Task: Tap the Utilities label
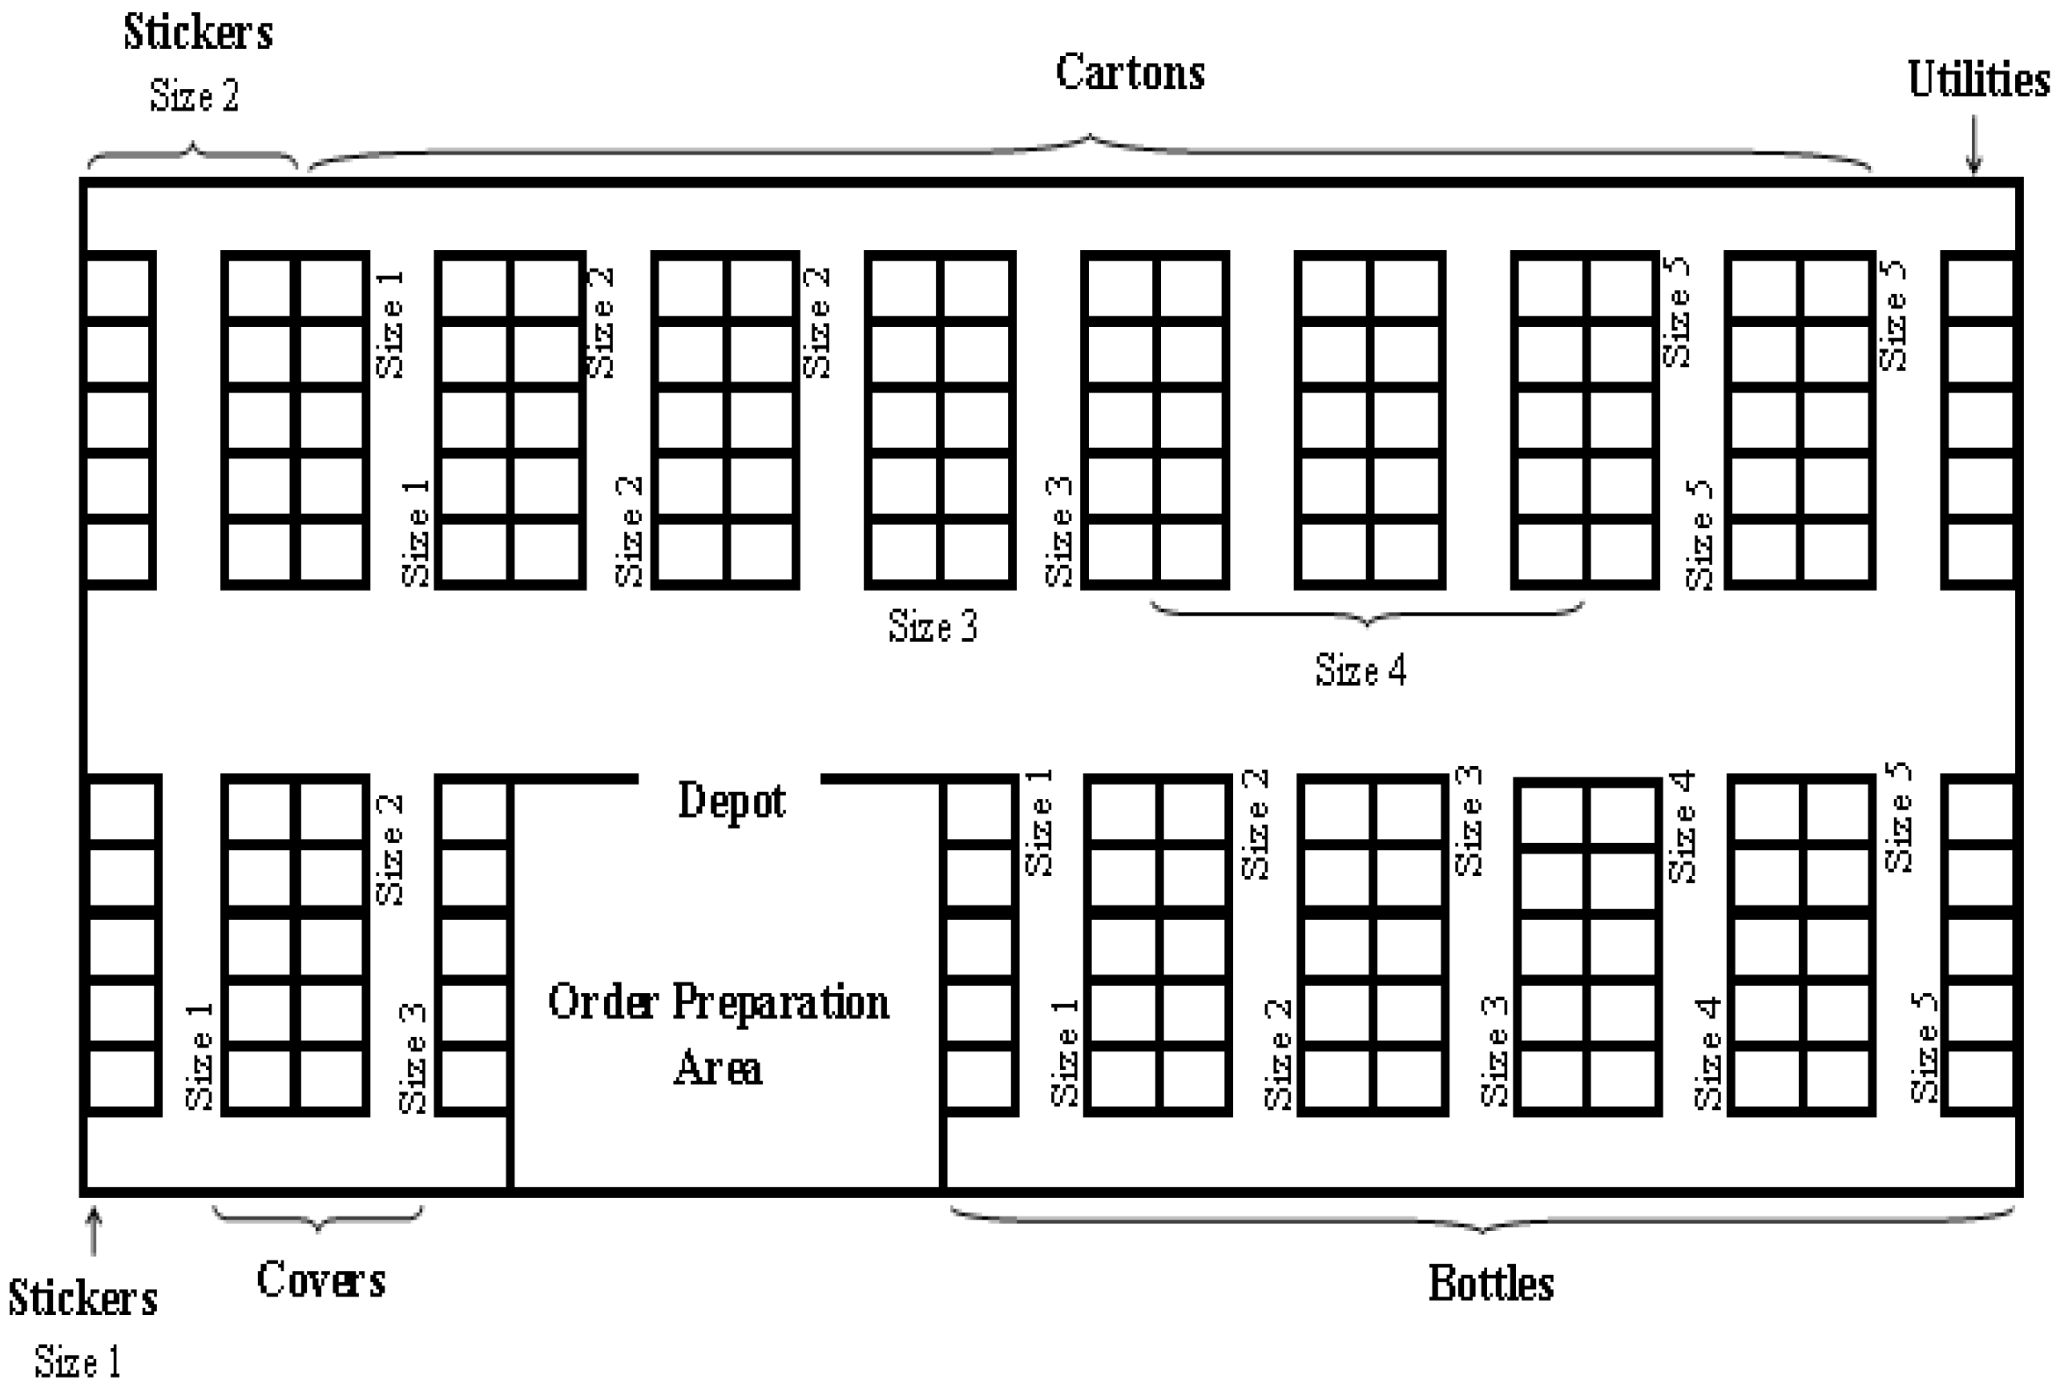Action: (1977, 80)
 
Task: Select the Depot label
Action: (732, 801)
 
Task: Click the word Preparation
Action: (780, 1003)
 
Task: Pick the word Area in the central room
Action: (718, 1067)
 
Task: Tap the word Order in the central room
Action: (603, 1003)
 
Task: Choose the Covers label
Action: (320, 1279)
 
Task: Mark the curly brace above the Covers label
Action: (318, 1219)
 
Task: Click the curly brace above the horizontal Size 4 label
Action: (1367, 613)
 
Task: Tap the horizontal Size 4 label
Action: (1361, 670)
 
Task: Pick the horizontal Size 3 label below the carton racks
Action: (933, 626)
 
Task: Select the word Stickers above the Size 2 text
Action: (198, 33)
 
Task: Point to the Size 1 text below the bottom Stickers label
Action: (78, 1362)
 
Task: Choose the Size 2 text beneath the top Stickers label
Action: (194, 95)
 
